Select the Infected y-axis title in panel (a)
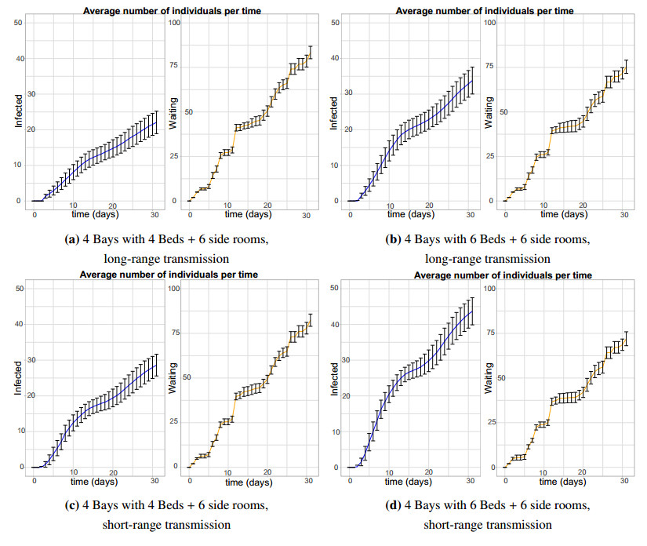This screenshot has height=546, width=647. pos(18,113)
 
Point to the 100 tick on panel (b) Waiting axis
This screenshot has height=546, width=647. pos(492,23)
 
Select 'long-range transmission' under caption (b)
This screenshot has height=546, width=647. pos(486,258)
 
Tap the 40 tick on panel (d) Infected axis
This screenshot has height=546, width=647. pos(334,325)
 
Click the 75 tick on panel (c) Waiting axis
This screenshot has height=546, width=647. pos(176,333)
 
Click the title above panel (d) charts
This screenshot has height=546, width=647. pos(502,275)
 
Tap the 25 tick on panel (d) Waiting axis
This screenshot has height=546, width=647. pos(492,423)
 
